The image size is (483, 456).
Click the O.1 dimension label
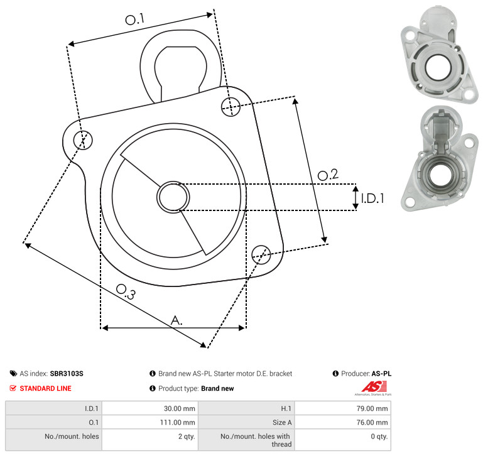(x=135, y=19)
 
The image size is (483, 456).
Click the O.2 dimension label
(x=328, y=175)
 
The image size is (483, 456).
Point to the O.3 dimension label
(x=126, y=292)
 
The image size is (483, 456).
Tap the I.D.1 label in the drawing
(x=372, y=198)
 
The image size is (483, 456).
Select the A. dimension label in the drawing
(x=176, y=320)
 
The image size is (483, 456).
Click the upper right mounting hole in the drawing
(x=231, y=107)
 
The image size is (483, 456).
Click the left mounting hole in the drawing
(x=83, y=140)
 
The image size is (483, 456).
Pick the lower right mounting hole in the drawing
(x=261, y=254)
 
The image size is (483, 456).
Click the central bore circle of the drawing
(x=173, y=197)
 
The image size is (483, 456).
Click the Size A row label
(x=282, y=423)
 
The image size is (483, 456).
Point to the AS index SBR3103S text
(x=52, y=374)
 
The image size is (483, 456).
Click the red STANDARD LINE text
(x=46, y=388)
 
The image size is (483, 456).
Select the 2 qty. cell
(x=187, y=437)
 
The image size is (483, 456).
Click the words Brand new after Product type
(x=217, y=388)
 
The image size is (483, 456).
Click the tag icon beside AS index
(x=13, y=374)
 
